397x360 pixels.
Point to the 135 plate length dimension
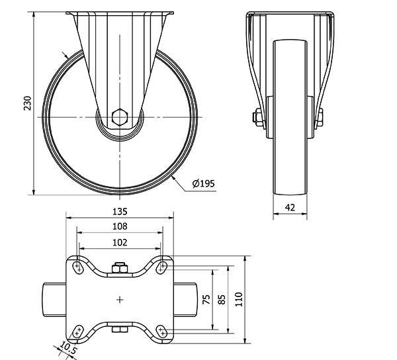[119, 212]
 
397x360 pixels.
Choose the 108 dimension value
[119, 226]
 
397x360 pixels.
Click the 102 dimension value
[119, 242]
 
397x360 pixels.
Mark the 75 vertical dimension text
[206, 299]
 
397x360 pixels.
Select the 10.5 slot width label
[69, 347]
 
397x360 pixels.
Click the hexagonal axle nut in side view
[120, 118]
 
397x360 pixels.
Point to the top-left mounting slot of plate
[79, 268]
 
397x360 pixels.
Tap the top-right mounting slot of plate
[161, 268]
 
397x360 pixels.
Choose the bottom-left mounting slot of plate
[79, 331]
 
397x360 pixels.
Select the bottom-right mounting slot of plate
[161, 331]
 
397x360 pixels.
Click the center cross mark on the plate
[120, 300]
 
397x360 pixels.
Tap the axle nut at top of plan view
[120, 267]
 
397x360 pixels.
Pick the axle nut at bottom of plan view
[120, 330]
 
